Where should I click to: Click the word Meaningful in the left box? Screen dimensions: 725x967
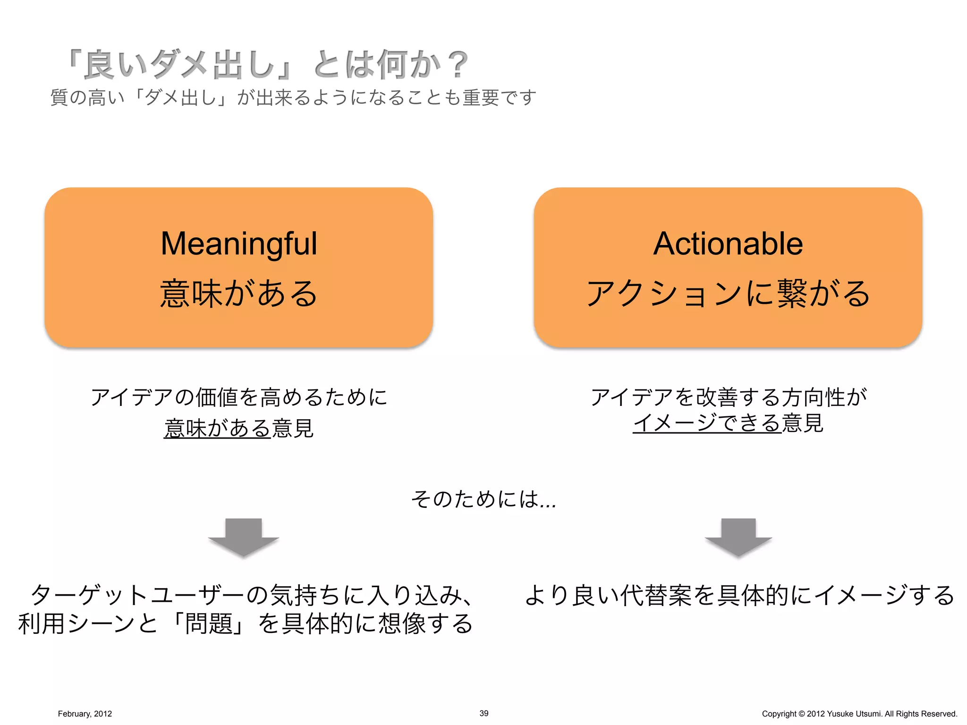[x=239, y=244]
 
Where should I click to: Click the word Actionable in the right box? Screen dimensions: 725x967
[x=728, y=244]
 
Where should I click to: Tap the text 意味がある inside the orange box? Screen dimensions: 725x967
[x=239, y=293]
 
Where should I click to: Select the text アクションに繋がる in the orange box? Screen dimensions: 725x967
[x=728, y=293]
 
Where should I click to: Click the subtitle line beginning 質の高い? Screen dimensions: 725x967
[x=293, y=98]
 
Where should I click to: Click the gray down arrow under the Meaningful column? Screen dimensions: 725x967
[x=244, y=537]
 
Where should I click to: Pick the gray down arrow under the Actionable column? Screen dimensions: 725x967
[x=738, y=537]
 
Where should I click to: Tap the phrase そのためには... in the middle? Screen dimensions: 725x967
[x=483, y=499]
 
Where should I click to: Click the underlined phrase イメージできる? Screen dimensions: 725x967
[x=707, y=423]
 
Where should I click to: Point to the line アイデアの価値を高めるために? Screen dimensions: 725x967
[x=239, y=397]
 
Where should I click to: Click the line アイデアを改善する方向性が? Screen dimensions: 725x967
[x=729, y=397]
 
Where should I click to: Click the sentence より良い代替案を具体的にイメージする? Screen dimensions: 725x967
[x=739, y=595]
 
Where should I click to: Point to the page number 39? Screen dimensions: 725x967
[x=484, y=713]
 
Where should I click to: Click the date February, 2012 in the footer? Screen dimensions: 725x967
[x=85, y=714]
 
